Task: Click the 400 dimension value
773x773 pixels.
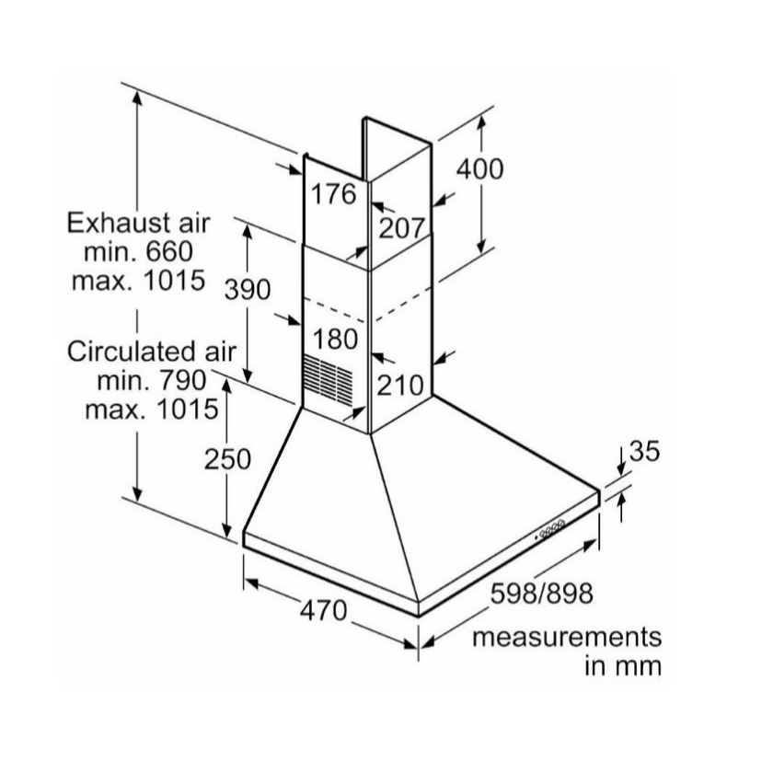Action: (479, 169)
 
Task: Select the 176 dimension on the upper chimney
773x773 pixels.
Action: (333, 194)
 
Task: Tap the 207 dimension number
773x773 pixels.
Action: (401, 228)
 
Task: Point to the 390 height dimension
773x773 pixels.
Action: (248, 289)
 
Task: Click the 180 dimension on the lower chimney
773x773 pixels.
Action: (335, 340)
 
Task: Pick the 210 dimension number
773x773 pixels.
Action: (400, 385)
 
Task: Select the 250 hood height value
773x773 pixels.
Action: (228, 459)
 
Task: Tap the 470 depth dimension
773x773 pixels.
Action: (324, 610)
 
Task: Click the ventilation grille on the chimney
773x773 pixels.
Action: (328, 374)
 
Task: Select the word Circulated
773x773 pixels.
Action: (125, 352)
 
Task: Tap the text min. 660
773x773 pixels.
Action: (139, 252)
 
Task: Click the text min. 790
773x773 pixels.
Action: (152, 380)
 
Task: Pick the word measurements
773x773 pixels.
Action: (567, 637)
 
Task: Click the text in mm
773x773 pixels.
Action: (623, 666)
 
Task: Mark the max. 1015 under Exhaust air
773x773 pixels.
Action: (139, 281)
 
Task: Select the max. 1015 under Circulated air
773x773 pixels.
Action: (152, 410)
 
